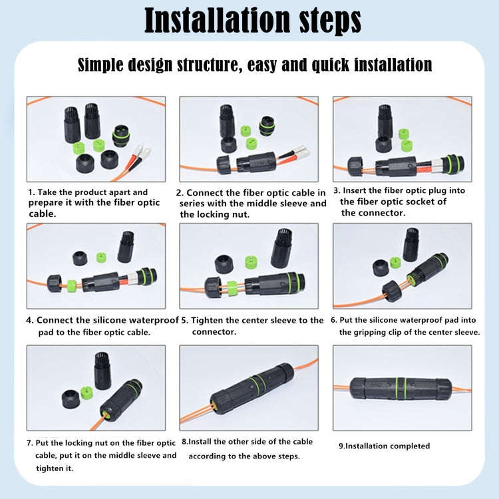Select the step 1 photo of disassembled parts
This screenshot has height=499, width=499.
[x=95, y=138]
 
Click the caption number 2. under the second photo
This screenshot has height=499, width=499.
[x=180, y=193]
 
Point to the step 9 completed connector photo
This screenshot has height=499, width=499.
[x=402, y=387]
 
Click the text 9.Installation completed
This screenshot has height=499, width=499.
[x=384, y=446]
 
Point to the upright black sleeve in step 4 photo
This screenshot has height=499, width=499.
[x=125, y=246]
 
